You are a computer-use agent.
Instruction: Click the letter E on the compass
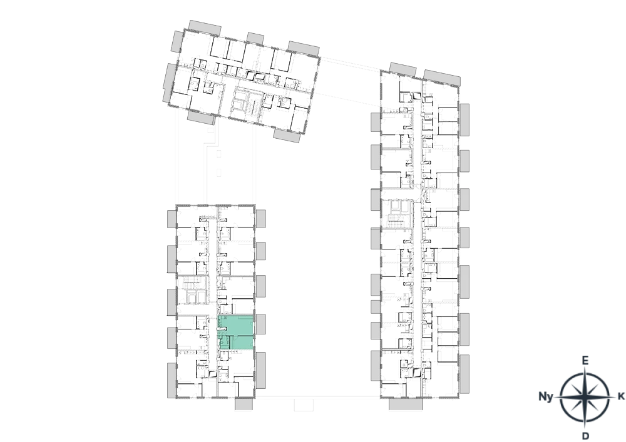[585, 361]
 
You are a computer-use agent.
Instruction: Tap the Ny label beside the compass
[546, 396]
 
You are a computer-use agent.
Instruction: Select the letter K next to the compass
[621, 396]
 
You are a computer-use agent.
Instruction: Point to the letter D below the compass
[585, 436]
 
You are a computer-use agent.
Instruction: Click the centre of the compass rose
[585, 398]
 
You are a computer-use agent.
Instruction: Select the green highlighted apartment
[236, 333]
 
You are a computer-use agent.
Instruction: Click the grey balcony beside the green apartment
[260, 324]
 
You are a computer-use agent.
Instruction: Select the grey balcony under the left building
[244, 404]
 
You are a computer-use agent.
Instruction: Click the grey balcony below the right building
[406, 404]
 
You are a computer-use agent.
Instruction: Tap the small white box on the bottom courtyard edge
[303, 404]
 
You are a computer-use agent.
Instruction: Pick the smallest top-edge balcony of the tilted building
[255, 38]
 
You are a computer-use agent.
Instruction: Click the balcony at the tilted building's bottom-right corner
[287, 135]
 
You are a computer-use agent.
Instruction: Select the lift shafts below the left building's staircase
[192, 296]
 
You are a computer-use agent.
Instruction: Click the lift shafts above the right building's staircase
[396, 206]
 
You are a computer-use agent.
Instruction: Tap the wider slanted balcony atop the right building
[442, 78]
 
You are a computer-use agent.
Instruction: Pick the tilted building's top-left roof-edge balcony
[205, 28]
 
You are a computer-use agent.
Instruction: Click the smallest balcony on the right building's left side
[375, 307]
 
